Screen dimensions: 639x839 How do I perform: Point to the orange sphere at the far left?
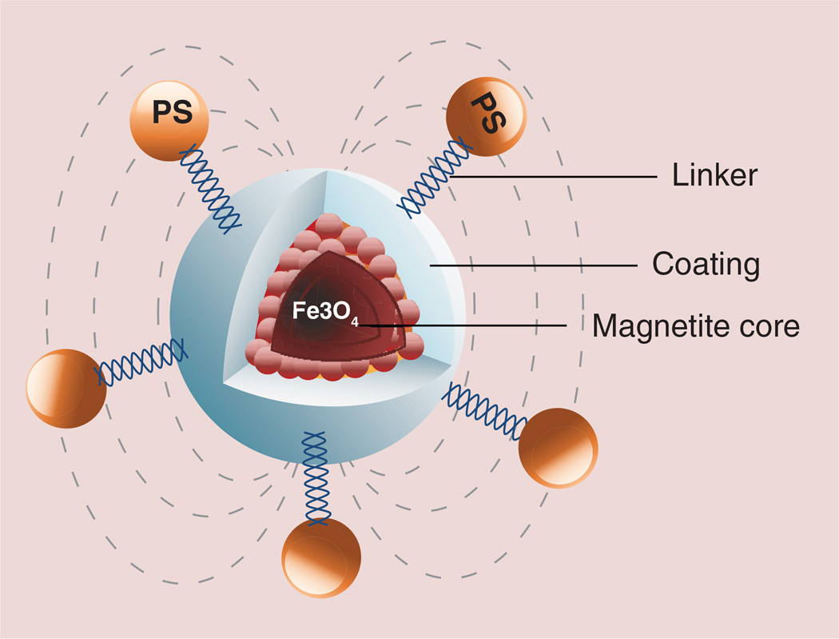66,388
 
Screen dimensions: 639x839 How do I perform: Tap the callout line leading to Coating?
531,264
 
